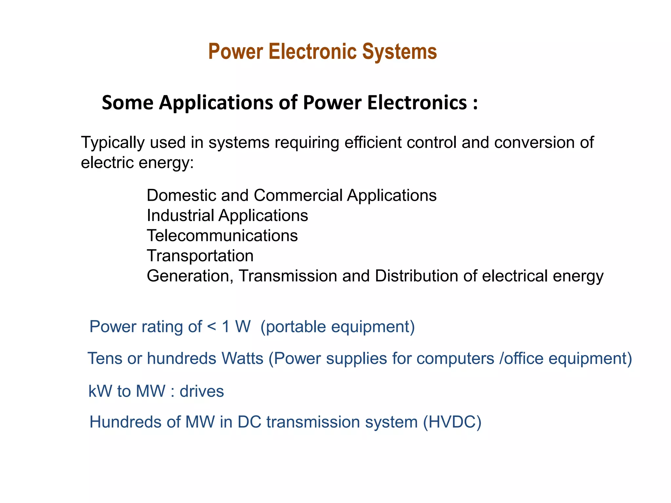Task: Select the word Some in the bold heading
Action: (x=127, y=102)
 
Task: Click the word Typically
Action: (x=113, y=143)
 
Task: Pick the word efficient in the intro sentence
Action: (x=373, y=142)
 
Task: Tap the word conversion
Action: (x=534, y=142)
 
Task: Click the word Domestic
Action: (x=181, y=196)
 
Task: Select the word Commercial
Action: (x=298, y=196)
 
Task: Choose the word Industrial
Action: (x=181, y=215)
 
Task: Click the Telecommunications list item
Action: (x=222, y=236)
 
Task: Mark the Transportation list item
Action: (x=200, y=256)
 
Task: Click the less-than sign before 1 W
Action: (x=212, y=327)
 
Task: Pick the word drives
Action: (x=201, y=391)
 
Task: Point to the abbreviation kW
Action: (x=100, y=391)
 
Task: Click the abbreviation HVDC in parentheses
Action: (x=452, y=422)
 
